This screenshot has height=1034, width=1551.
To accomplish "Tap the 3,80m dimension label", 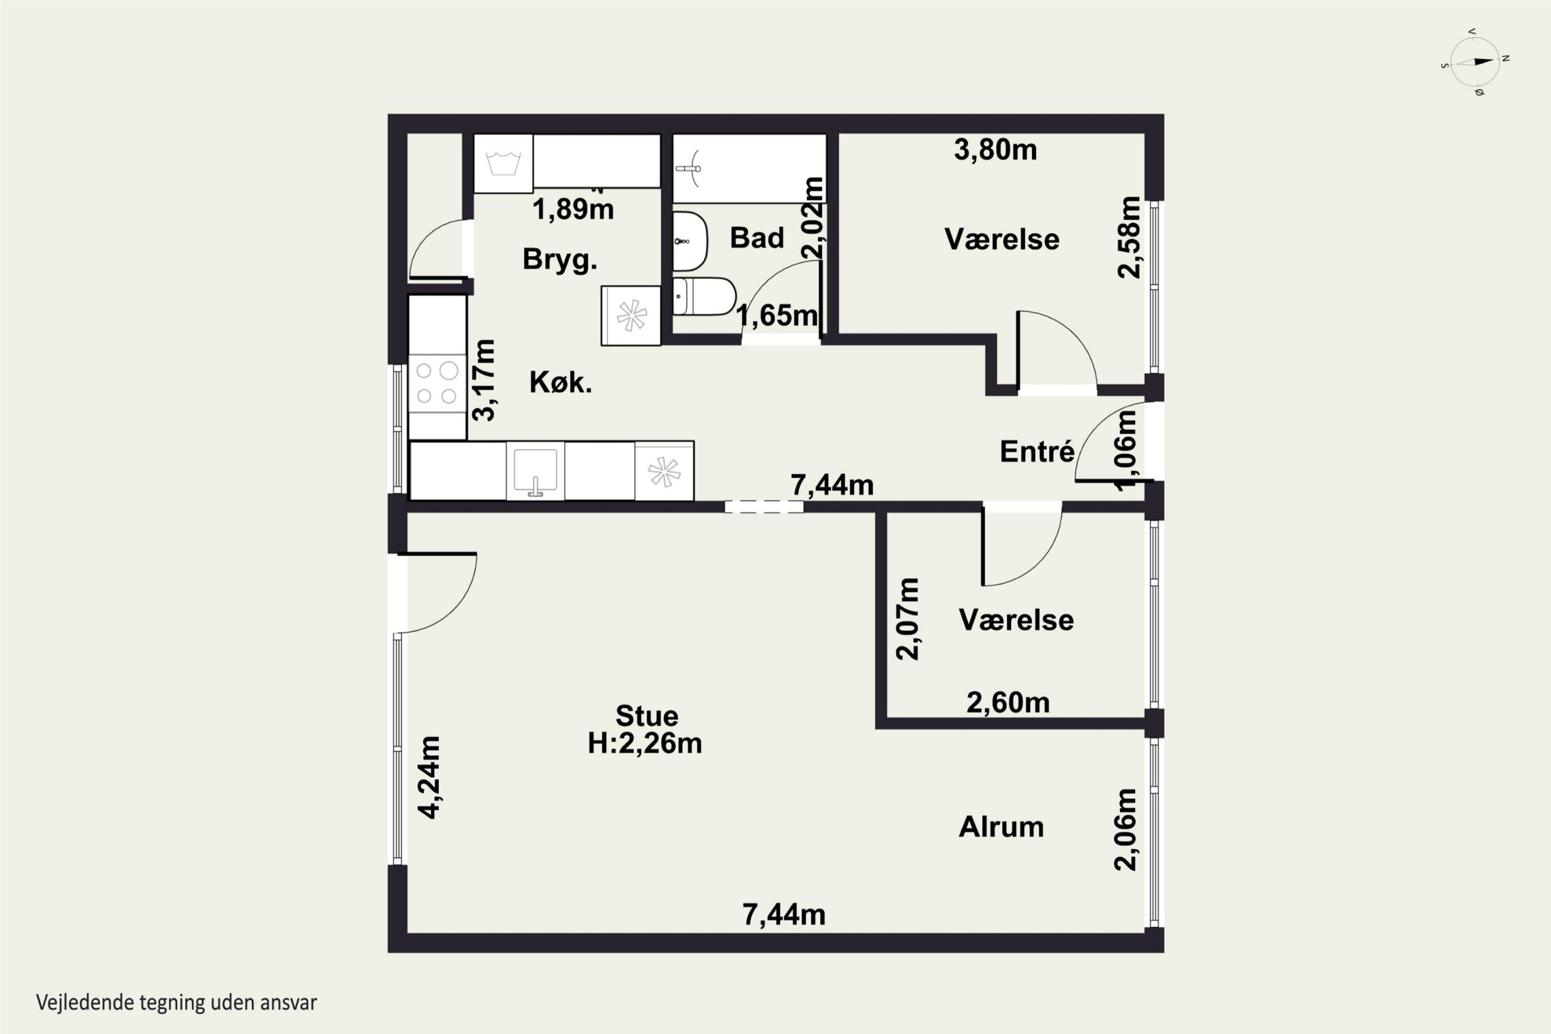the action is (x=995, y=150).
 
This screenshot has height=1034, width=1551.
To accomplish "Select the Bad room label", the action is (x=756, y=237).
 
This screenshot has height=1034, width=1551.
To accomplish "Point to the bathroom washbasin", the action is (x=690, y=241).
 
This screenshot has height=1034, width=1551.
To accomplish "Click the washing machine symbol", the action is (x=503, y=163).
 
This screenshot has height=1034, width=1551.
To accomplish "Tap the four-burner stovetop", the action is (x=437, y=383).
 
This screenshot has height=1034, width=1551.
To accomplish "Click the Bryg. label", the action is (x=560, y=259).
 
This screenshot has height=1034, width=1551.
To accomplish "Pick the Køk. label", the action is (x=560, y=383).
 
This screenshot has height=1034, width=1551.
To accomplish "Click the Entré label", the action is (x=1037, y=452).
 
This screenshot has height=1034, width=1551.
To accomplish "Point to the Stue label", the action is (x=646, y=716).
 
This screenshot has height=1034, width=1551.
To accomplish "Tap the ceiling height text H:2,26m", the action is (x=644, y=743).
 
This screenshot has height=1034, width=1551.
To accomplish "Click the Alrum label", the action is (x=1001, y=827).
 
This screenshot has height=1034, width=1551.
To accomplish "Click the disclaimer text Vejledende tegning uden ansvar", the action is (x=177, y=1002).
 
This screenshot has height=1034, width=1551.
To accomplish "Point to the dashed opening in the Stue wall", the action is (x=764, y=507).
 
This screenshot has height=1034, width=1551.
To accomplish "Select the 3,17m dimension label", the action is (x=484, y=380).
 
